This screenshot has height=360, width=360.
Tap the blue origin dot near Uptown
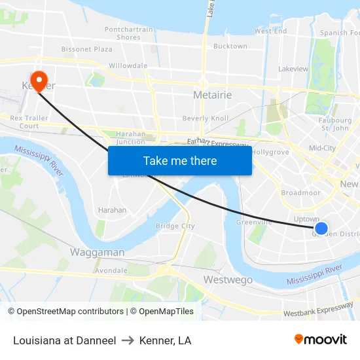click(321, 228)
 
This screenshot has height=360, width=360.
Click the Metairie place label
click(213, 96)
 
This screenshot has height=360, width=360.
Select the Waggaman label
click(97, 253)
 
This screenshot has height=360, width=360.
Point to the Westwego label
click(228, 280)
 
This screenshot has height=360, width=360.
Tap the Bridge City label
click(175, 226)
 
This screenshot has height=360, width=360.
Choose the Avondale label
click(111, 270)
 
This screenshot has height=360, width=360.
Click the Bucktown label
click(230, 46)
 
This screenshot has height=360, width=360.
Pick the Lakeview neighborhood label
click(293, 69)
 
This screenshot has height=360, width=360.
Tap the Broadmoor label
click(300, 193)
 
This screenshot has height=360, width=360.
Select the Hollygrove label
click(270, 152)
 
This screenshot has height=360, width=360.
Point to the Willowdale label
click(128, 66)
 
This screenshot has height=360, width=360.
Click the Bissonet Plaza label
click(87, 49)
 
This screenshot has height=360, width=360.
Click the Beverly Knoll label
click(205, 118)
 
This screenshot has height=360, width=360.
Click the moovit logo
click(321, 340)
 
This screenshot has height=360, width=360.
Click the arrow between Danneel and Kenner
click(128, 340)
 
